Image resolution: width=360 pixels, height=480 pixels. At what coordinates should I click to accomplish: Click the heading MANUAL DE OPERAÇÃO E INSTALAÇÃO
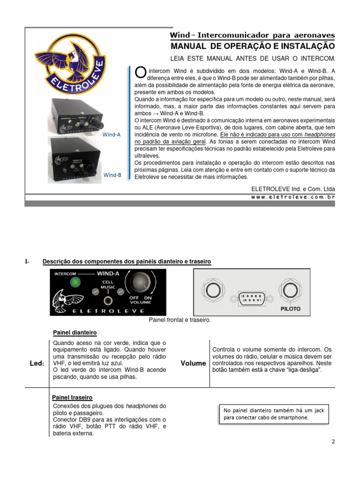coord(253,46)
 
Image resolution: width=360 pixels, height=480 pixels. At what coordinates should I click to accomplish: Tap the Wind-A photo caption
coord(112,135)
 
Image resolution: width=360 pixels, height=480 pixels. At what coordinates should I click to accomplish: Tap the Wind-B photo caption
coord(112,175)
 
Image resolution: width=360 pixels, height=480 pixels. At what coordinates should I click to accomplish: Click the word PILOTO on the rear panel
coord(291,309)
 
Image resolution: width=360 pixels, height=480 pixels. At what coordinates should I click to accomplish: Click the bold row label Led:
coord(37,364)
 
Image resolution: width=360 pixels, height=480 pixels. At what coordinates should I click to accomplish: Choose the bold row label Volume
coord(193,363)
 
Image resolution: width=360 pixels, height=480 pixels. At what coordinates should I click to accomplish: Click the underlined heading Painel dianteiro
coord(75,332)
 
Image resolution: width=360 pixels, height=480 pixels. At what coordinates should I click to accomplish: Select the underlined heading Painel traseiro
coord(72,397)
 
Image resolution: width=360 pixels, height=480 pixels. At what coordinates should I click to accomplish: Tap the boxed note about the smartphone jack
coord(273,413)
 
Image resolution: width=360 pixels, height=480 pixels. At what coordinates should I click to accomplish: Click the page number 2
coord(333,442)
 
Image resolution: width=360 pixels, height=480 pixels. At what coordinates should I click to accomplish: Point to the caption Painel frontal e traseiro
coord(180,320)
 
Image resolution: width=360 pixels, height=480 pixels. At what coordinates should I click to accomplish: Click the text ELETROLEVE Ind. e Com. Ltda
coord(293,188)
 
